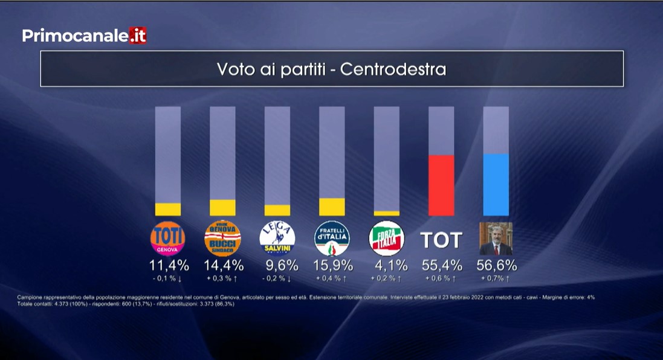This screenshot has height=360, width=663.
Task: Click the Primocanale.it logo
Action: tap(84, 36)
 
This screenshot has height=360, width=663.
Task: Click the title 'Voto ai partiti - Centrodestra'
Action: tap(331, 69)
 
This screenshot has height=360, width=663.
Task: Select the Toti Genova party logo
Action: tap(167, 239)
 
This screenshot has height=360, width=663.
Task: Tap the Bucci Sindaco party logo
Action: tap(222, 239)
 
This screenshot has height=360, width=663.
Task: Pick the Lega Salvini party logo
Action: tap(277, 239)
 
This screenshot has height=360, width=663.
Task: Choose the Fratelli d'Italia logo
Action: tap(332, 239)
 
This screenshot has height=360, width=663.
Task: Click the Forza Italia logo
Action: tap(387, 239)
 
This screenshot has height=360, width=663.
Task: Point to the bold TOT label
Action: tap(441, 240)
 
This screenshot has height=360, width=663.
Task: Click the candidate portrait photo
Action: tap(496, 239)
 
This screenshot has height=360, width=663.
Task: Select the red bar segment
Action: tap(441, 185)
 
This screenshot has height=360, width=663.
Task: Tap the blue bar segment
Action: tap(496, 185)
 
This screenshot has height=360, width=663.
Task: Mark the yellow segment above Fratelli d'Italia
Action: tap(332, 207)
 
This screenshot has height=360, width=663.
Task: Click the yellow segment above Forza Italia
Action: tap(387, 213)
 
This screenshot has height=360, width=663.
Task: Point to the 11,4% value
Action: tap(169, 265)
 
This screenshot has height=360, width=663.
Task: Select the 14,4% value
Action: tap(224, 265)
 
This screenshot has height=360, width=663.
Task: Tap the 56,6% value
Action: tap(497, 265)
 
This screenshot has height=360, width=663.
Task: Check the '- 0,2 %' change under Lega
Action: tap(278, 278)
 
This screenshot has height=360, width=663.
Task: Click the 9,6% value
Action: tap(282, 265)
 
